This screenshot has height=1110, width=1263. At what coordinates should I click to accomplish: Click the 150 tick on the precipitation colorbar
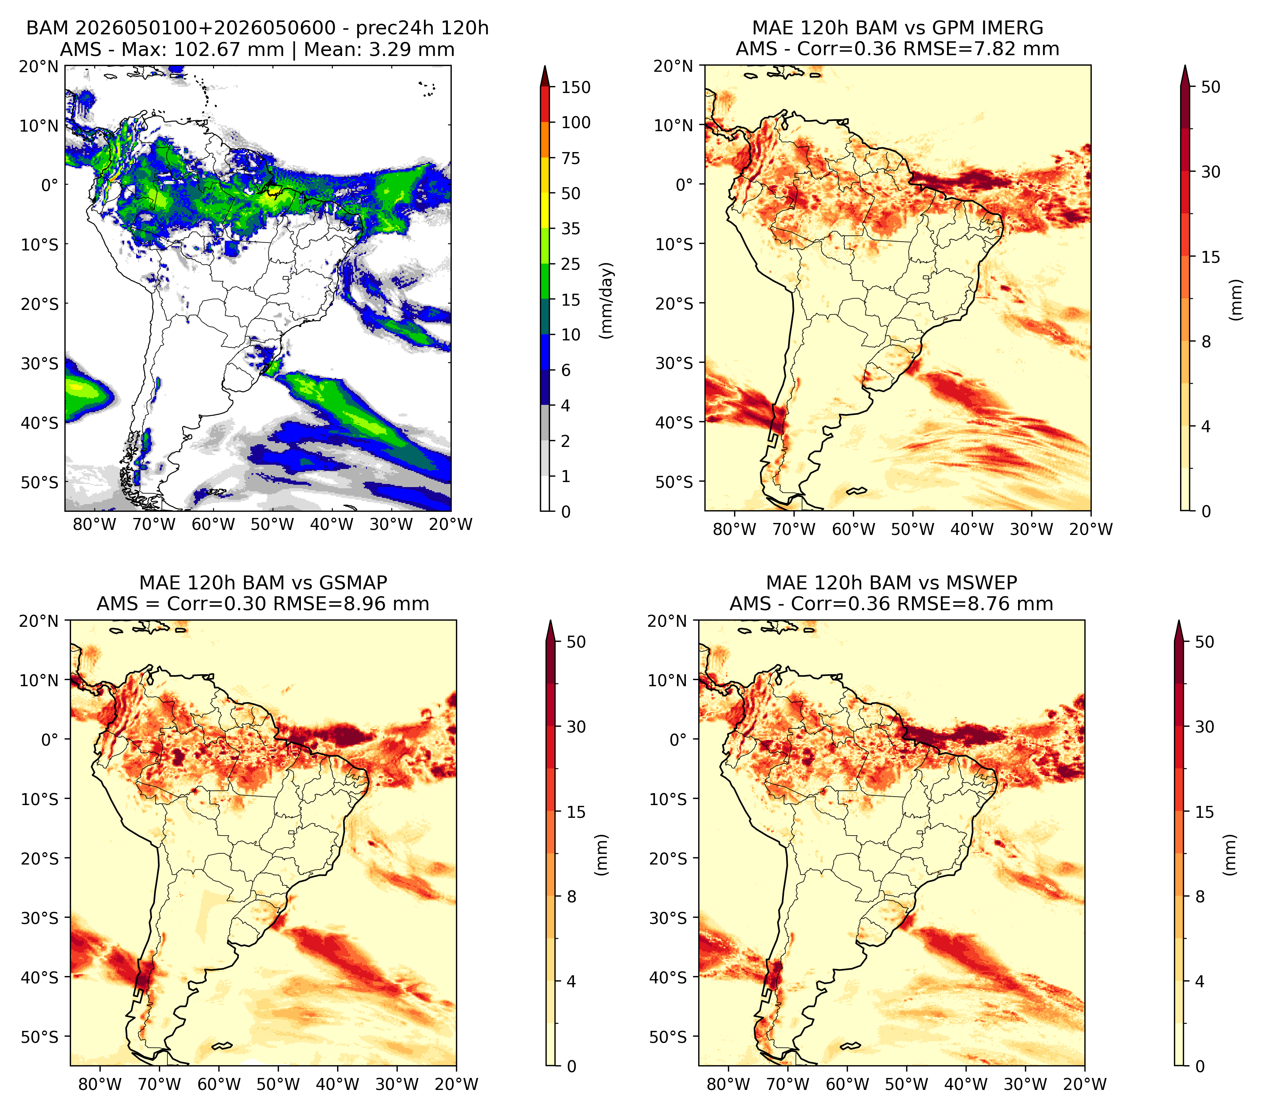(576, 87)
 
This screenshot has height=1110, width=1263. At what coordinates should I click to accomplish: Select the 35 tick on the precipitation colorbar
(571, 228)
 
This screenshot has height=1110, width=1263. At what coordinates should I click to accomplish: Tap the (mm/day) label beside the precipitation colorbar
(608, 300)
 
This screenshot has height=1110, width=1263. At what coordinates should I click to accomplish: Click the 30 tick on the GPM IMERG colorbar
(1211, 172)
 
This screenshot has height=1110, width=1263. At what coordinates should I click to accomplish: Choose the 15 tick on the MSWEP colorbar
(1205, 812)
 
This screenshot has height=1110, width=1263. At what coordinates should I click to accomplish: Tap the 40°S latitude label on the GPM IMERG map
(675, 423)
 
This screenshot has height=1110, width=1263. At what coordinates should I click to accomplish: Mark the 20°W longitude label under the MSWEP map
(1085, 1084)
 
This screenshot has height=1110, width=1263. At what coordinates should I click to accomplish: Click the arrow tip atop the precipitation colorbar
(545, 66)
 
